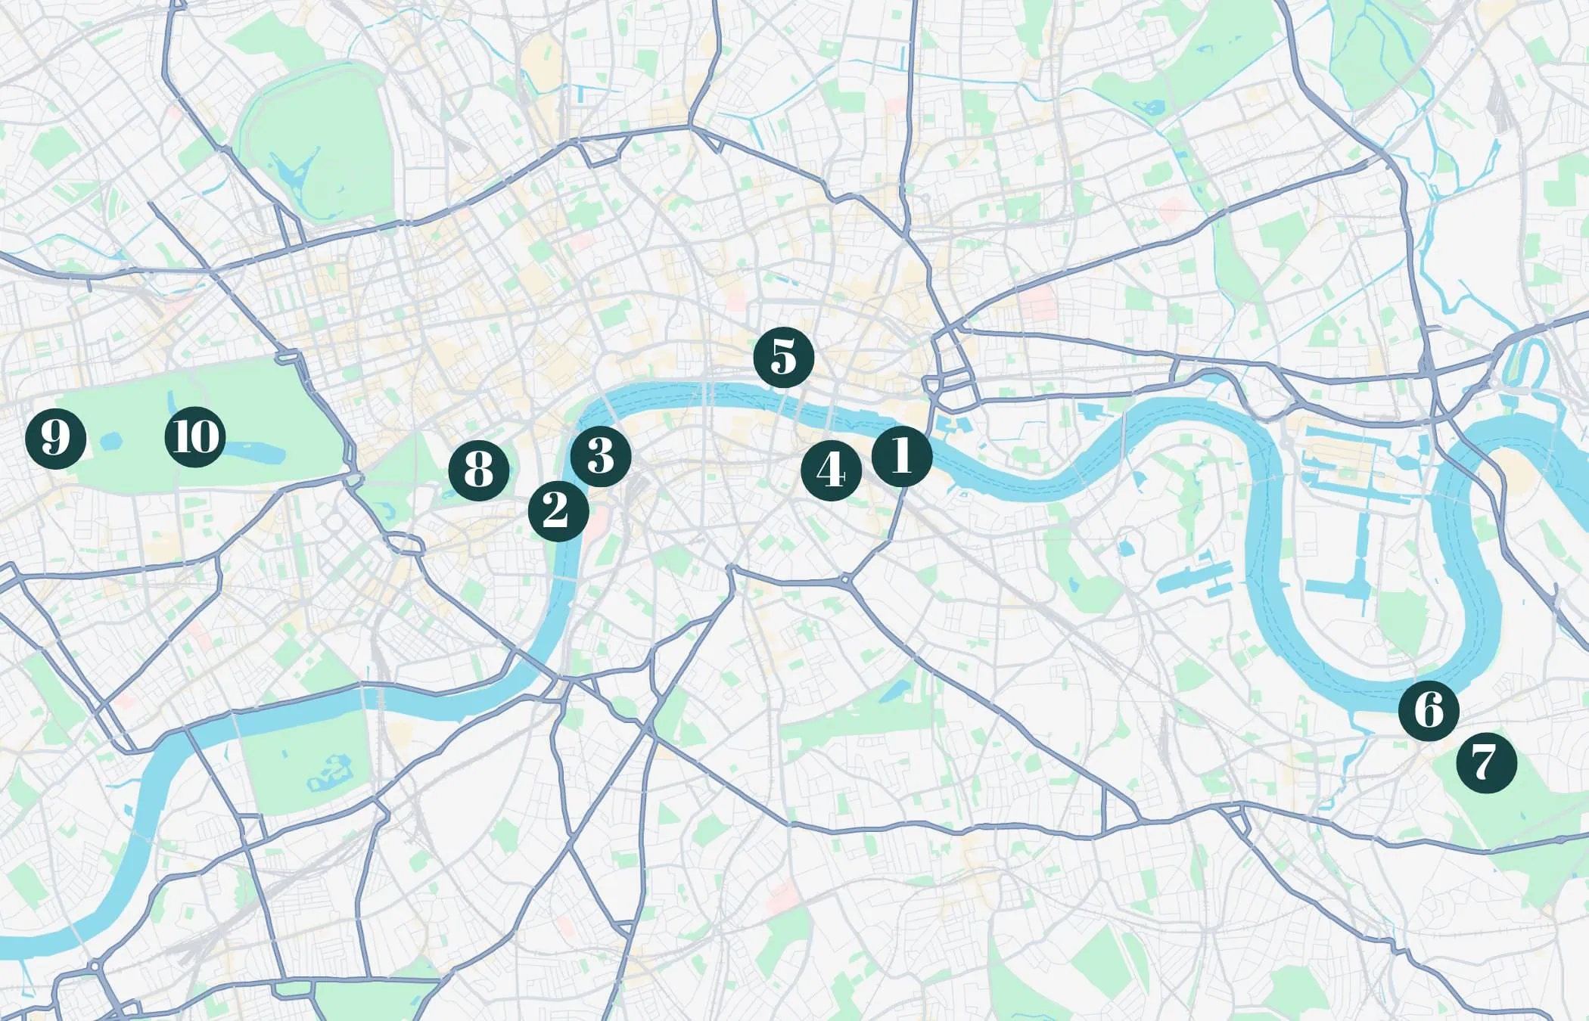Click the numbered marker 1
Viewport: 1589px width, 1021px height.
(x=901, y=456)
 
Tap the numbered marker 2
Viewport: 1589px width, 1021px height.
(x=558, y=511)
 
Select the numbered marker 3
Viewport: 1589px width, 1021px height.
(x=600, y=456)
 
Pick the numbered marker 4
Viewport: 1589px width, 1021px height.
(x=831, y=470)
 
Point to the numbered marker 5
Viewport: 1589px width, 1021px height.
(x=783, y=357)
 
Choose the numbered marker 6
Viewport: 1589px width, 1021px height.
(x=1428, y=710)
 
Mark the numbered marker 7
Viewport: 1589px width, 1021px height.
(x=1486, y=763)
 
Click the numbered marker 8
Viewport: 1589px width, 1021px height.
(x=478, y=470)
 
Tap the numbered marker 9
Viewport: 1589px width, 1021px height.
(x=55, y=438)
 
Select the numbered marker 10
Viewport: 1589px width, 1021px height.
(x=195, y=437)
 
